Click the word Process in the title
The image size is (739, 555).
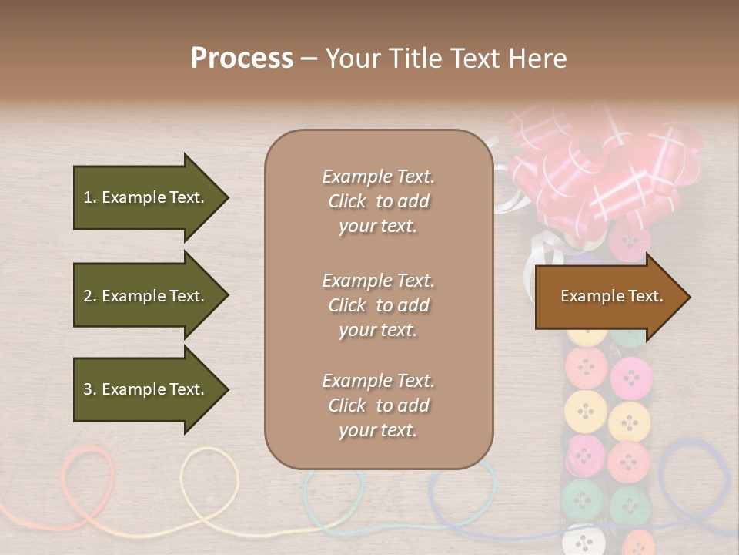coord(242,59)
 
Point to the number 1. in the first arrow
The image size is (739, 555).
coord(90,197)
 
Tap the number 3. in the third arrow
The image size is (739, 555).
coord(90,389)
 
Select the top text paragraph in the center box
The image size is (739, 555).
coord(378,201)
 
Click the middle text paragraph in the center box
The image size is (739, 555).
coord(378,305)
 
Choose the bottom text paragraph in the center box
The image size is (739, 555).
coord(378,405)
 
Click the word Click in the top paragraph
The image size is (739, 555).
coord(347,201)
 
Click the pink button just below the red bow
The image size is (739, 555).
coord(630,240)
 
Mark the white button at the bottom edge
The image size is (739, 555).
coord(583,541)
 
